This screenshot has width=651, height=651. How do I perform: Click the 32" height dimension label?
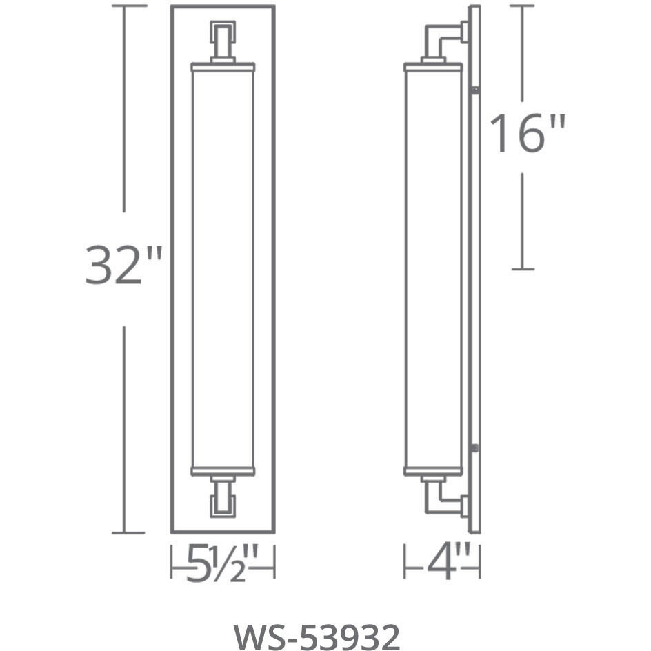[123, 266]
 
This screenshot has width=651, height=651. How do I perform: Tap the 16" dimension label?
[528, 134]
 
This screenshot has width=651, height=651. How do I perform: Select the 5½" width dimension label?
[223, 563]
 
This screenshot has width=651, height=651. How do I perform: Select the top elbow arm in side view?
[445, 38]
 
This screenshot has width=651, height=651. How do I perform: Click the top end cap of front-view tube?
[222, 67]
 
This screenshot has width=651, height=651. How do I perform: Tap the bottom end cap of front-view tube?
[222, 471]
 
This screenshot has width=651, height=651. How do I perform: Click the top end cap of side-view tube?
[432, 67]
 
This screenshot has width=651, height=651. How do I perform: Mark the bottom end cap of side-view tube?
[432, 471]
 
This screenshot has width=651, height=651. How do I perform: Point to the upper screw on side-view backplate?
[474, 90]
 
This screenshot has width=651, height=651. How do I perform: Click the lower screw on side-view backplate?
[474, 448]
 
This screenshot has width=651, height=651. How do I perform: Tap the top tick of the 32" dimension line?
[123, 6]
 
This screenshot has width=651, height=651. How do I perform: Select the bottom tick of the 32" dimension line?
[123, 532]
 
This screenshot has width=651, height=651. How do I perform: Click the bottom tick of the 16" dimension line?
[523, 269]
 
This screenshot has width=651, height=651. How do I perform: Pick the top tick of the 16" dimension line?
[523, 6]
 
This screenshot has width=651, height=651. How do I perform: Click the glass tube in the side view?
[432, 269]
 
